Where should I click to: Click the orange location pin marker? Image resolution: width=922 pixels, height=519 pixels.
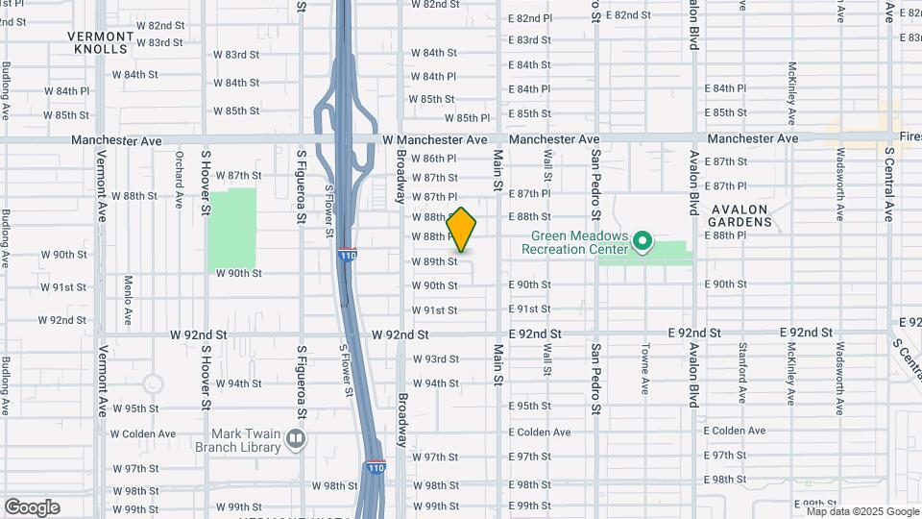[x=461, y=231]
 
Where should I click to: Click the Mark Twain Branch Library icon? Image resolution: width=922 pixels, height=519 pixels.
[x=295, y=439]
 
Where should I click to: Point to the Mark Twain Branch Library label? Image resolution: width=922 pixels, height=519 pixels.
[x=237, y=439]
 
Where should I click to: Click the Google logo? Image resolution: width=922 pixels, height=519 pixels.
[x=32, y=507]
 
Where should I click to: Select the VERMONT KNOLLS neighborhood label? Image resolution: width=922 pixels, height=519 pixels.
[x=99, y=41]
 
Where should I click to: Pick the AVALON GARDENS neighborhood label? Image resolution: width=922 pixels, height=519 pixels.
[x=741, y=215]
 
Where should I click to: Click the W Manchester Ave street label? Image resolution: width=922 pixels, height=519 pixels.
[x=435, y=139]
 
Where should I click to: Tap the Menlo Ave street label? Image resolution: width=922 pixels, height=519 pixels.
[x=128, y=300]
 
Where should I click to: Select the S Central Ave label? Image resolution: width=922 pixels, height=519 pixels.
[x=890, y=183]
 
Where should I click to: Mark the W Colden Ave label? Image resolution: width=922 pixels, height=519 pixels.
[x=143, y=432]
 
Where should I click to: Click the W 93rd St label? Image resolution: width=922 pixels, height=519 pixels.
[x=435, y=358]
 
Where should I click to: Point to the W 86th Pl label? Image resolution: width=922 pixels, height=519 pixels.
[x=435, y=159]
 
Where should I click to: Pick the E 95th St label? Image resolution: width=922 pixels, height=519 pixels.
[x=530, y=407]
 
